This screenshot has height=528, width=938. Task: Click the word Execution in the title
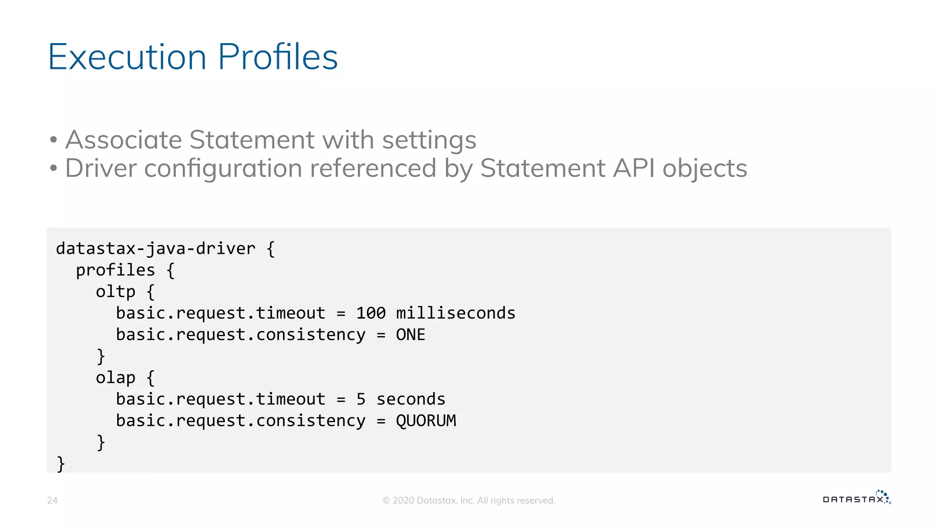(127, 57)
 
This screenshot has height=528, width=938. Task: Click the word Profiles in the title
(278, 57)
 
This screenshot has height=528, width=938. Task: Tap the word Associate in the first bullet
(123, 140)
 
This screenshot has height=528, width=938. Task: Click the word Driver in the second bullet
(101, 168)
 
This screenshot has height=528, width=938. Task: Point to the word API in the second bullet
(634, 168)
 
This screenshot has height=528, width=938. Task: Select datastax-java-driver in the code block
(156, 248)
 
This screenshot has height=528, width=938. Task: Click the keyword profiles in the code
(115, 270)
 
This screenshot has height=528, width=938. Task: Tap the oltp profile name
(115, 291)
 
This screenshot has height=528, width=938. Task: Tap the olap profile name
(115, 378)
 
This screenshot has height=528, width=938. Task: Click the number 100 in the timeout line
(371, 313)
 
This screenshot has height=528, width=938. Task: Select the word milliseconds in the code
(455, 313)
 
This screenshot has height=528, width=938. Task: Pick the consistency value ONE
(410, 335)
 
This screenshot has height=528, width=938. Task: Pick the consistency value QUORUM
(426, 421)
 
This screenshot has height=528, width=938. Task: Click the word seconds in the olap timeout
(411, 399)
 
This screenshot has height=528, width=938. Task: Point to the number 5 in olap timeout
(361, 399)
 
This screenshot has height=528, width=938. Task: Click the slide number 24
(52, 500)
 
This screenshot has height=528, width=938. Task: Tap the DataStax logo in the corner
(856, 498)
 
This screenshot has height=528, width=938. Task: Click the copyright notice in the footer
(469, 500)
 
